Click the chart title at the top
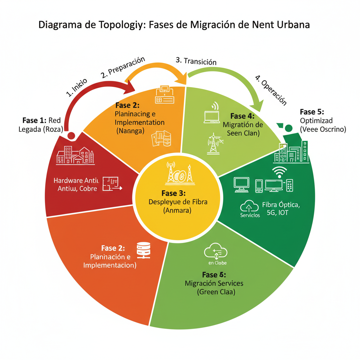174,25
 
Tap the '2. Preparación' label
123,67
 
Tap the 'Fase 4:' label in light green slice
242,116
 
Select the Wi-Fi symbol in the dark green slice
280,172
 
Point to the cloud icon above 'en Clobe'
215,252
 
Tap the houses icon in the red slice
76,155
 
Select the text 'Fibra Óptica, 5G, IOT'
280,208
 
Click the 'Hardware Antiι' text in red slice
77,180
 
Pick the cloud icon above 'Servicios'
249,206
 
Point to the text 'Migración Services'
214,283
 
